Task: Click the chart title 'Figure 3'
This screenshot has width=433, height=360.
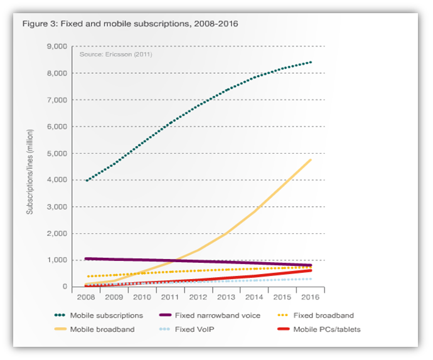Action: [x=130, y=24]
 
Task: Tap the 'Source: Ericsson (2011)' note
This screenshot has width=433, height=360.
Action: [x=115, y=55]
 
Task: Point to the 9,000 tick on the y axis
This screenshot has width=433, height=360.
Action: [x=58, y=47]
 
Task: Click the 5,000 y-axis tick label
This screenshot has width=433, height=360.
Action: [x=58, y=154]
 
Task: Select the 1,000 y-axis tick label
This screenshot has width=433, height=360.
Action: [x=58, y=260]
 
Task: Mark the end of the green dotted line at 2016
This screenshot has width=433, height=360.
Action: [x=312, y=62]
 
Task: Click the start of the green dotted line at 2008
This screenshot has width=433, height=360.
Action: [x=86, y=181]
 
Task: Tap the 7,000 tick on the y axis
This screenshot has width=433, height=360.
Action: [x=58, y=100]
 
